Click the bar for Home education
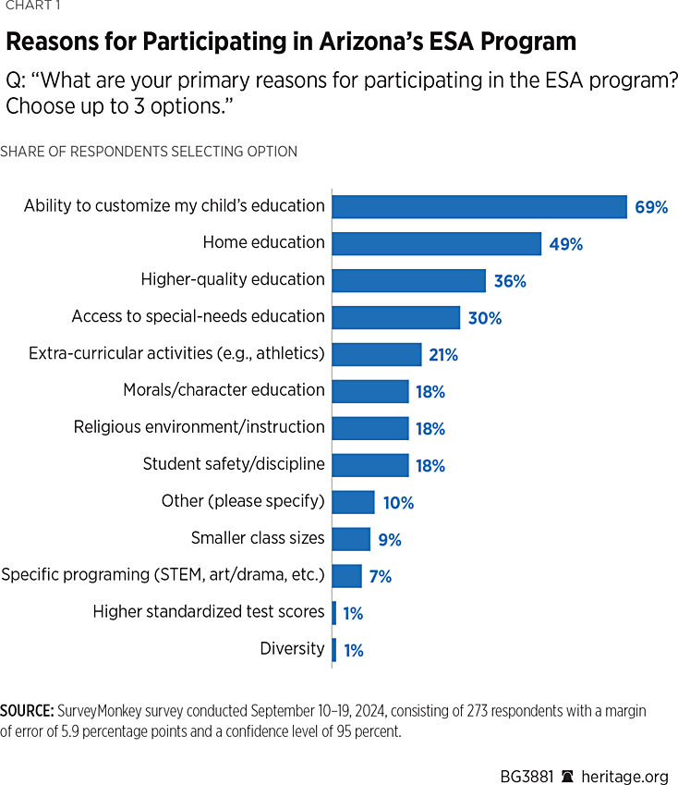pos(436,243)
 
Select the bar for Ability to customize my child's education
pos(479,206)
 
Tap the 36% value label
pos(509,281)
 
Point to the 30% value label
pos(484,318)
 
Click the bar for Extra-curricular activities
pos(377,354)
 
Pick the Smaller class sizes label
pos(258,538)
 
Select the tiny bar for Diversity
pos(334,649)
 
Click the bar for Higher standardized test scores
pos(334,612)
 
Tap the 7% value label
pos(380,577)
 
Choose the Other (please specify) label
pos(243,501)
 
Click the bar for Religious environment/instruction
pos(369,428)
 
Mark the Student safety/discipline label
pos(234,464)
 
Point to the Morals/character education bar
pos(369,391)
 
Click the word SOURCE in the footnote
pos(26,711)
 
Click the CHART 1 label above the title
pos(27,6)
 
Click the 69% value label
pos(651,207)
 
